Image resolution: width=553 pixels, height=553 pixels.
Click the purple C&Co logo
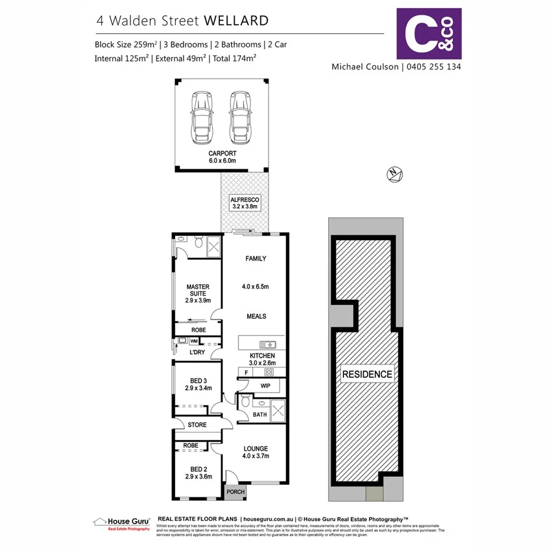click(429, 33)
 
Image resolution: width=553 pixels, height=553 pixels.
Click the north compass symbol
click(394, 174)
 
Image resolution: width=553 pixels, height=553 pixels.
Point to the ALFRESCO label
click(245, 200)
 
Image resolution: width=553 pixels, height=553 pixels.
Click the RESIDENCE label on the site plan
click(367, 374)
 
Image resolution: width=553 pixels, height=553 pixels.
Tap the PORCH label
click(236, 492)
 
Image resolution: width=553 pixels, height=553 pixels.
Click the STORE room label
click(197, 425)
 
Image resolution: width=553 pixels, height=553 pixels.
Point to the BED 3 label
click(198, 381)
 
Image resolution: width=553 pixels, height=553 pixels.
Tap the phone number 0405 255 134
click(433, 66)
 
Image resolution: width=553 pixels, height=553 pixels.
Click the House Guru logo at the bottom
click(122, 522)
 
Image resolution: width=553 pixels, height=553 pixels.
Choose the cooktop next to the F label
click(269, 372)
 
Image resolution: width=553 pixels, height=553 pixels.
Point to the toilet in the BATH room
click(245, 402)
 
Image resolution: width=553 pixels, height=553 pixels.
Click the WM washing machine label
click(194, 340)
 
